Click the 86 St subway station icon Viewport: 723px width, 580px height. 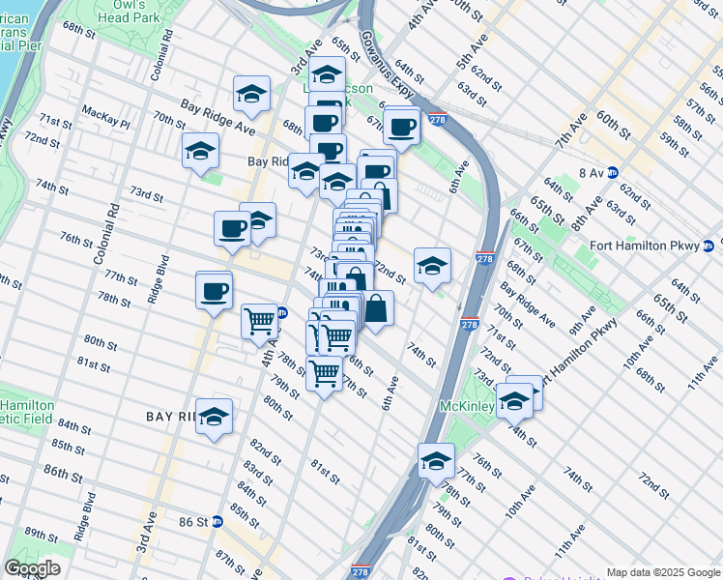[x=217, y=521]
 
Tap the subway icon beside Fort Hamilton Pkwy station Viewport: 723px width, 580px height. [x=709, y=246]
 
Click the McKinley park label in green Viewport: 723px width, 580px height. [x=467, y=406]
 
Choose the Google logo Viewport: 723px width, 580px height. [x=32, y=568]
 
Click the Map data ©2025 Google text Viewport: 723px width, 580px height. [x=663, y=572]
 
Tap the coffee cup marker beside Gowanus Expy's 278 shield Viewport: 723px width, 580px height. [x=400, y=126]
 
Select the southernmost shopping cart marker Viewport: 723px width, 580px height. [x=324, y=371]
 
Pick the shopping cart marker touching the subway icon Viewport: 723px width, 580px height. [x=259, y=320]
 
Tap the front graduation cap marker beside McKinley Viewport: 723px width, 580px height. [x=514, y=400]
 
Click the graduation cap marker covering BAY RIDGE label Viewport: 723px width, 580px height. [x=215, y=417]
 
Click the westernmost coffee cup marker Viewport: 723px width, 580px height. [x=214, y=289]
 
